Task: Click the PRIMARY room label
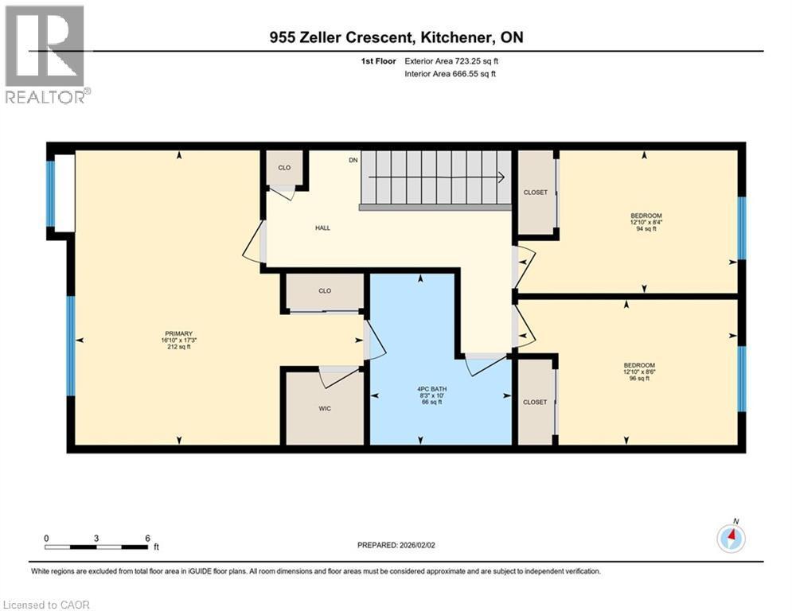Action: [x=179, y=340]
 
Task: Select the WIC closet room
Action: [x=323, y=407]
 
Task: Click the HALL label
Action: [x=322, y=228]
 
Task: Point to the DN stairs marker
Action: [x=353, y=161]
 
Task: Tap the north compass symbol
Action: [x=731, y=538]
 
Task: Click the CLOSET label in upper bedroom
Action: [x=535, y=193]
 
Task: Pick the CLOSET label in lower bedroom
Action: [x=535, y=403]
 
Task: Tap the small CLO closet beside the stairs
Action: [x=284, y=169]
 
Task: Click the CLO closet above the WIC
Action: [x=325, y=291]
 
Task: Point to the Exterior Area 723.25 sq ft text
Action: [x=451, y=60]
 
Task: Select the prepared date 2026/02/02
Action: [x=398, y=545]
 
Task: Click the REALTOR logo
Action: [x=46, y=54]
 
